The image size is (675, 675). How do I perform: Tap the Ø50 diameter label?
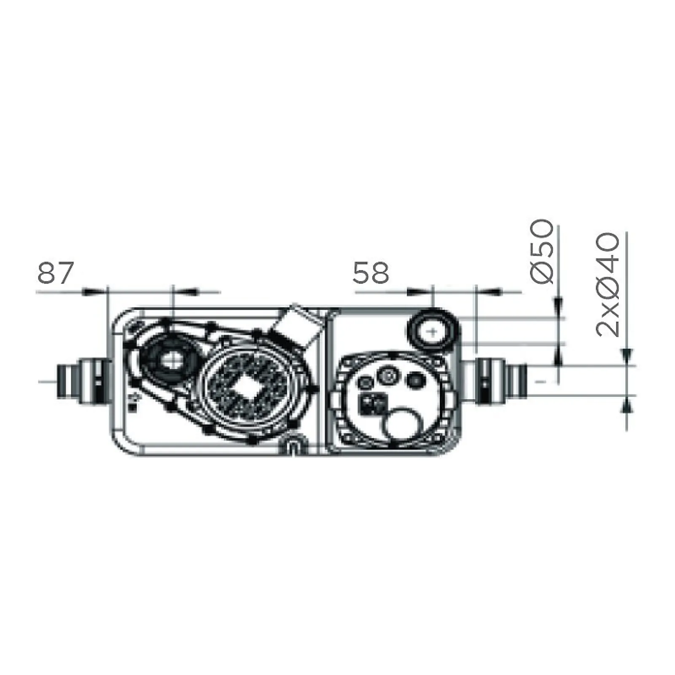(541, 251)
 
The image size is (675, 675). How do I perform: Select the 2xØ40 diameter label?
(608, 284)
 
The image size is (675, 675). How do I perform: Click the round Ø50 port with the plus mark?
(432, 332)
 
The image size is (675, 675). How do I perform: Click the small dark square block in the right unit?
(372, 404)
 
